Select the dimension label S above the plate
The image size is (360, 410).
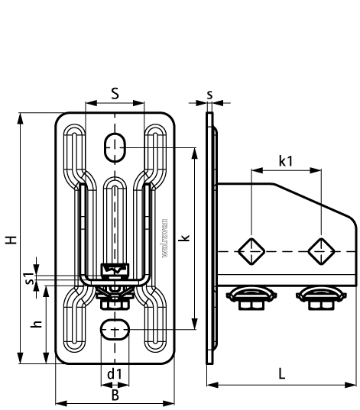pos(115,93)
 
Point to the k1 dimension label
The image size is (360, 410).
pos(286,161)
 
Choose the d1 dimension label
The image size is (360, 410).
pos(115,373)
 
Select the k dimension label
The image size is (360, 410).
pos(186,238)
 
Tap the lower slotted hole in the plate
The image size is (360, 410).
pos(115,330)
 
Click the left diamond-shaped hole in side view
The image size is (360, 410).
pos(250,250)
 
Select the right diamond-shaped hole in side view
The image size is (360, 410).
pos(320,250)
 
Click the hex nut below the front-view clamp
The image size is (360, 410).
pos(115,302)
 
